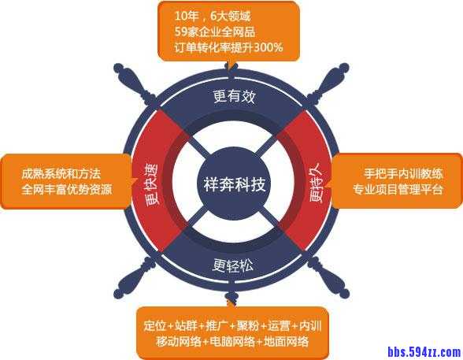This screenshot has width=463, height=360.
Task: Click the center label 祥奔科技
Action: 235,184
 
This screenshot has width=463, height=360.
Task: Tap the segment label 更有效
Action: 234,96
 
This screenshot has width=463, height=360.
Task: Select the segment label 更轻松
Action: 233,265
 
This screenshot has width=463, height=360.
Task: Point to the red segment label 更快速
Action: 151,184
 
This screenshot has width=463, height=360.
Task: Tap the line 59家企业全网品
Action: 215,32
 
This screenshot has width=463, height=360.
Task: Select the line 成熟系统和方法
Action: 61,173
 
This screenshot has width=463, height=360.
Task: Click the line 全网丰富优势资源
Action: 67,189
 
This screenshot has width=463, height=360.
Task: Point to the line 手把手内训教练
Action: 404,173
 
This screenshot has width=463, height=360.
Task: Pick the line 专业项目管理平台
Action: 398,189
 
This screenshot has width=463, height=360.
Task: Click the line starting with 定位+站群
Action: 232,326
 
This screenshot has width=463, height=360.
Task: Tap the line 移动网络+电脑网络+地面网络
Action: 232,341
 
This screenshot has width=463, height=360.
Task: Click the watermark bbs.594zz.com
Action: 424,352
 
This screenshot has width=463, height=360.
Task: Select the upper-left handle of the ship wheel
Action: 135,85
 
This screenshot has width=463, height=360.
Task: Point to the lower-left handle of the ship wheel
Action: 135,278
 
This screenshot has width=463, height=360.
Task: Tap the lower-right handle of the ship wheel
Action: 328,278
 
